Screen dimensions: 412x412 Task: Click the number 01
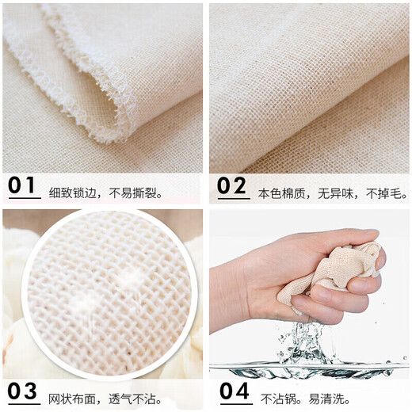[x=24, y=185]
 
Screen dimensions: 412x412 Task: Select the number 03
[x=25, y=391]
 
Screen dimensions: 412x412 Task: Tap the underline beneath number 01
[x=24, y=197]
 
